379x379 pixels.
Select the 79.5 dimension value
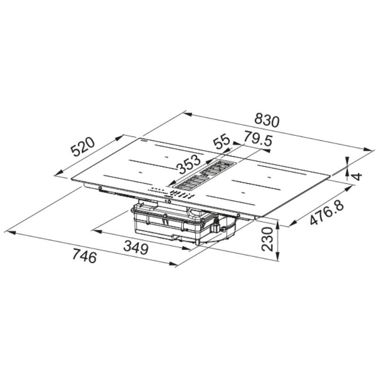coord(258,139)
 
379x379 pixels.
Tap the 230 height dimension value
coord(268,239)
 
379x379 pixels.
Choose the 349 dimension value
coord(135,247)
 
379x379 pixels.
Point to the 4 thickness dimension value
coord(357,176)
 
